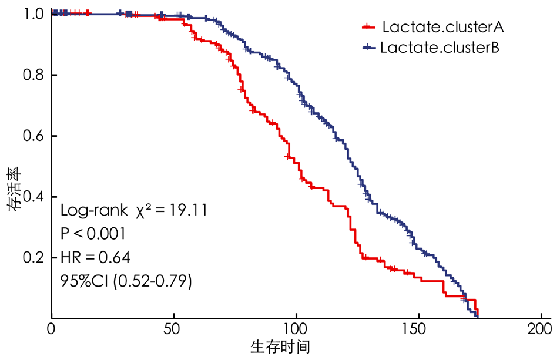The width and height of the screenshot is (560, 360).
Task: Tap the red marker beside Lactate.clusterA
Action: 368,27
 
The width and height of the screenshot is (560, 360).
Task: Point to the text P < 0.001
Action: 93,234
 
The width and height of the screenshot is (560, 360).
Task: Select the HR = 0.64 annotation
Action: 96,257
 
